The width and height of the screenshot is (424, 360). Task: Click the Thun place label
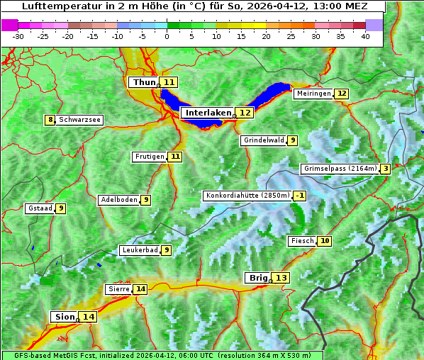coord(143,82)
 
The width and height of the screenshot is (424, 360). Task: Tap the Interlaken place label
coord(208,113)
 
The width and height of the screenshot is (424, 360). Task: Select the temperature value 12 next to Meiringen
coord(342,94)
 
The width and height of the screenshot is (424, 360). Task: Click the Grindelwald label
coord(264,140)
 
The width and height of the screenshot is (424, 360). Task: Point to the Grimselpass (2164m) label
coord(339,169)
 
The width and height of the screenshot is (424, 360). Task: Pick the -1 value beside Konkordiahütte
coord(301,196)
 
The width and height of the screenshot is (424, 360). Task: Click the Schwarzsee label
coord(79,120)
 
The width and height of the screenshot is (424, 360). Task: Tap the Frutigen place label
coord(149,157)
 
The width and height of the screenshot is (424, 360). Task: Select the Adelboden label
coord(118,200)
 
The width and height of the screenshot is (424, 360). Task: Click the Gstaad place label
coord(39,208)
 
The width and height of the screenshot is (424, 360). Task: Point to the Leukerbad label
coord(139,250)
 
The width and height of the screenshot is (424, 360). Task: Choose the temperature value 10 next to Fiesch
coord(325,241)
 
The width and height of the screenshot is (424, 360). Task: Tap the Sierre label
coord(118,289)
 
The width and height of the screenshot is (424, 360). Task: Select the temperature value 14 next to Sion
coord(88,317)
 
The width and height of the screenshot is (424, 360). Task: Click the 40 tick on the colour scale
coord(364,35)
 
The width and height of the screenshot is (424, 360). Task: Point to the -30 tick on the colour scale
coord(18,35)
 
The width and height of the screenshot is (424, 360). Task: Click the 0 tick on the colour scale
coord(167,35)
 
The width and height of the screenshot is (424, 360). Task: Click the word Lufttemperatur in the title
coord(55,6)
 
